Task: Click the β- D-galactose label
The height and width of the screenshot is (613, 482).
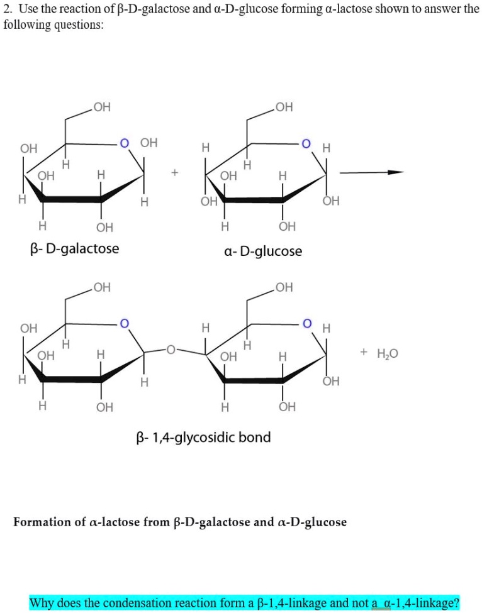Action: pyautogui.click(x=74, y=248)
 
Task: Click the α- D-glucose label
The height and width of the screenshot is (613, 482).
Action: pyautogui.click(x=263, y=251)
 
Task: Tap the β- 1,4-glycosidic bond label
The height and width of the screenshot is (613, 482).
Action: pyautogui.click(x=203, y=437)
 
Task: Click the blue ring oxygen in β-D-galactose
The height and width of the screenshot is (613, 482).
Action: pyautogui.click(x=125, y=143)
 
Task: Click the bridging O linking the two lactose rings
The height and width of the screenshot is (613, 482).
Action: pyautogui.click(x=169, y=347)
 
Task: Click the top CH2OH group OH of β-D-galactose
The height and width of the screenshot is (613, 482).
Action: pyautogui.click(x=101, y=108)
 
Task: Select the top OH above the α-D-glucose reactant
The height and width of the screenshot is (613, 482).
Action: pyautogui.click(x=284, y=108)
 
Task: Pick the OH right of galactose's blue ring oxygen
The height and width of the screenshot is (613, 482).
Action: pyautogui.click(x=149, y=143)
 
